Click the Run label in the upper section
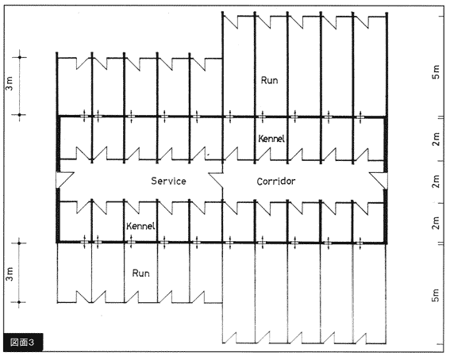[x=269, y=80]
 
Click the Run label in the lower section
[x=140, y=273]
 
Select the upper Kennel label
[x=271, y=139]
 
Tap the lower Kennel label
[x=140, y=226]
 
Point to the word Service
[x=168, y=181]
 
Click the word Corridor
[x=276, y=181]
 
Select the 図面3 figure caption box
[x=23, y=342]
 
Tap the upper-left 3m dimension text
[x=10, y=84]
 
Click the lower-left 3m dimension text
[x=10, y=274]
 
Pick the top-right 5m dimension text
[x=436, y=72]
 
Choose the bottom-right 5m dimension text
[x=436, y=295]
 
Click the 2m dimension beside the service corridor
[x=436, y=181]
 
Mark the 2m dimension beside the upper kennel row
[x=436, y=139]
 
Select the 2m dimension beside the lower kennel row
[x=436, y=222]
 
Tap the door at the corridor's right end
[x=379, y=181]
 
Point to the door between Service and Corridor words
[x=216, y=180]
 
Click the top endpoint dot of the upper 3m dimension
[x=20, y=57]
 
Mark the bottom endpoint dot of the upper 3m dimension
[x=20, y=115]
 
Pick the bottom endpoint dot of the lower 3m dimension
[x=19, y=302]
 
